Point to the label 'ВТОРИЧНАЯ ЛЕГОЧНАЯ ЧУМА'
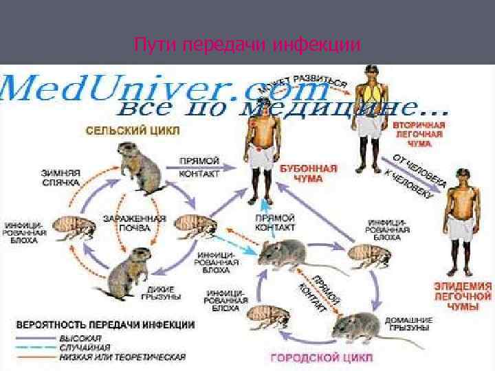[x=419, y=135]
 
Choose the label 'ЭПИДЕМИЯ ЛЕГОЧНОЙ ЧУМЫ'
[x=463, y=296]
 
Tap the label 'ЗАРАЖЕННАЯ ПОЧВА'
[x=144, y=224]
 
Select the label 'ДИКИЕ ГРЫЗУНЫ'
[x=159, y=292]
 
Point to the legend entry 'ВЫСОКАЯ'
[x=80, y=338]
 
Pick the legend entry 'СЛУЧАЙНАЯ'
[x=85, y=348]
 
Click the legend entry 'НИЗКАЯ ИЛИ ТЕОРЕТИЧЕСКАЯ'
[x=122, y=357]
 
